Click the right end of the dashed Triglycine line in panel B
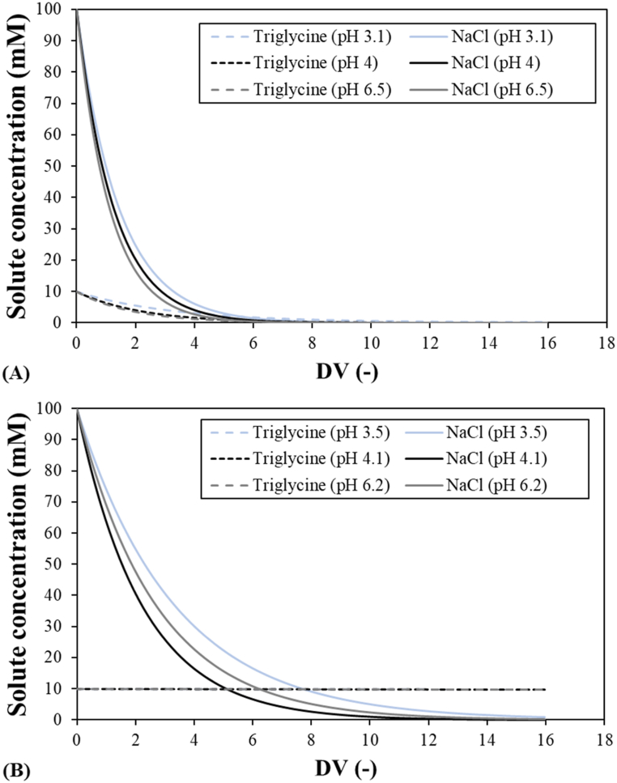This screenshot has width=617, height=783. click(546, 689)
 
